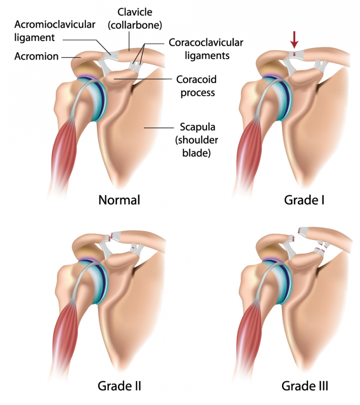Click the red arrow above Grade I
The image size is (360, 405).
(x=295, y=39)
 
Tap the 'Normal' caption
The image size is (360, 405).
(x=119, y=200)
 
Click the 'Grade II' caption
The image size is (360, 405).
(x=119, y=386)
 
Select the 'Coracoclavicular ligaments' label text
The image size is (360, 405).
(x=205, y=48)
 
